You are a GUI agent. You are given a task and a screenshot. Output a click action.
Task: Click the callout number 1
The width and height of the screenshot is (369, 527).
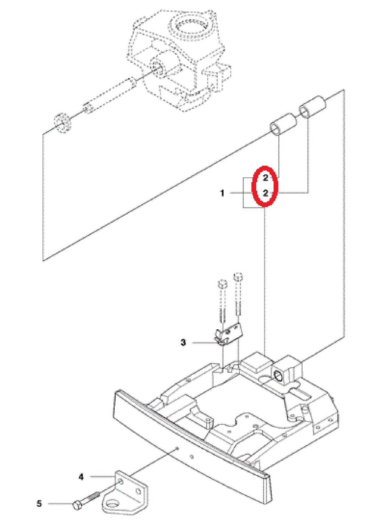(x=222, y=193)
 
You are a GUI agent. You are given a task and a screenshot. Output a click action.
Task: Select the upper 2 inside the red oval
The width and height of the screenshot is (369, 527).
(x=265, y=178)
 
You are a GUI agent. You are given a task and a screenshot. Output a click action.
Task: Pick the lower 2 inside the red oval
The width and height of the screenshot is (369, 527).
(x=265, y=193)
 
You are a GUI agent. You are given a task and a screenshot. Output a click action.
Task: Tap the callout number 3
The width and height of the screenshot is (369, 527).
(x=183, y=342)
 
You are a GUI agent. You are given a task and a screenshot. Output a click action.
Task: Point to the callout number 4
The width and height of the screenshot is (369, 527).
(x=81, y=477)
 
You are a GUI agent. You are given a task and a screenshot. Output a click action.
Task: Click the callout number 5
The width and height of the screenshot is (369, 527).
(x=39, y=504)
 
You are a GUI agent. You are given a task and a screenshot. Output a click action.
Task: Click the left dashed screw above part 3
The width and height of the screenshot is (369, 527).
(x=223, y=301)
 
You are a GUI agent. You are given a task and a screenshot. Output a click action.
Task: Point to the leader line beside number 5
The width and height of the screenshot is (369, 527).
(x=60, y=504)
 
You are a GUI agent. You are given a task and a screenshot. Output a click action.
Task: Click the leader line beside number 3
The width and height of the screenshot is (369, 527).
(x=205, y=343)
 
